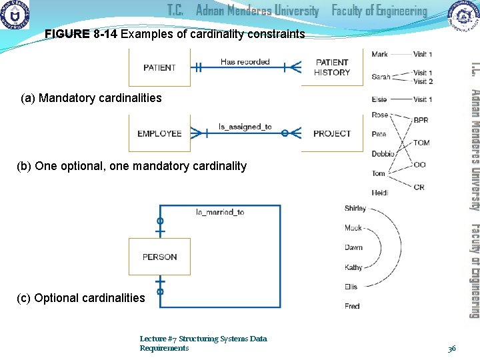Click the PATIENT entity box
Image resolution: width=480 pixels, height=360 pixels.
click(159, 67)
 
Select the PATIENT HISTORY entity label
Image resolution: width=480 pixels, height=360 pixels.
click(332, 67)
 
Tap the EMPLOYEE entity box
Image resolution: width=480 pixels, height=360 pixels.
click(159, 133)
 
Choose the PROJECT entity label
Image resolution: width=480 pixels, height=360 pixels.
click(332, 133)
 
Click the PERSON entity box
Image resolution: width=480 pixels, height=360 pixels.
click(159, 257)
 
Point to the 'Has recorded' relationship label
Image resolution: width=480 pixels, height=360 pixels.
click(245, 62)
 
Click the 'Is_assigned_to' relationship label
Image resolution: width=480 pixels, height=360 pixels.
click(245, 127)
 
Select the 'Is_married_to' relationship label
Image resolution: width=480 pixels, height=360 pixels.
click(220, 212)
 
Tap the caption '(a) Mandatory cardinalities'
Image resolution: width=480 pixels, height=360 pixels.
click(91, 99)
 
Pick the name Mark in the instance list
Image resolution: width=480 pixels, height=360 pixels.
click(380, 54)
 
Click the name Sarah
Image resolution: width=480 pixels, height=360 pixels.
click(381, 77)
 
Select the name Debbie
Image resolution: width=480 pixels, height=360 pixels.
click(383, 154)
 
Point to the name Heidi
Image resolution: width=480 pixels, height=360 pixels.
click(380, 193)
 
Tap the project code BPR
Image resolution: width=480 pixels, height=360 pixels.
click(421, 121)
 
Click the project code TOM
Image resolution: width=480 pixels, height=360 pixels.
click(421, 143)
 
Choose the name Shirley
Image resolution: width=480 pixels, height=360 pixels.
click(355, 208)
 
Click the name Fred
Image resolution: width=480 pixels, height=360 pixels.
click(352, 306)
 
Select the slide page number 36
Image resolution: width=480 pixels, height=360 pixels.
click(451, 348)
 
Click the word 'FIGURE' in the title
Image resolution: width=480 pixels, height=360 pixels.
click(67, 34)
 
